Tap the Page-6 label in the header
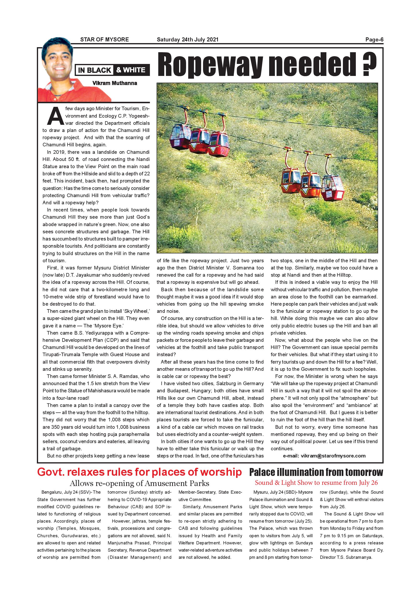click(374, 40)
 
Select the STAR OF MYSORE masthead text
click(104, 40)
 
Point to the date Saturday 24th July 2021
click(187, 40)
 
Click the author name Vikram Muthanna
click(114, 83)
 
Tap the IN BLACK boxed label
click(94, 70)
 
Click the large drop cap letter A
click(55, 116)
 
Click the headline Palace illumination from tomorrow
click(316, 472)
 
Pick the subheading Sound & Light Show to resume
click(316, 482)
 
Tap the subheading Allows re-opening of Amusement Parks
click(139, 483)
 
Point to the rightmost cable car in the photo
click(333, 188)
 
